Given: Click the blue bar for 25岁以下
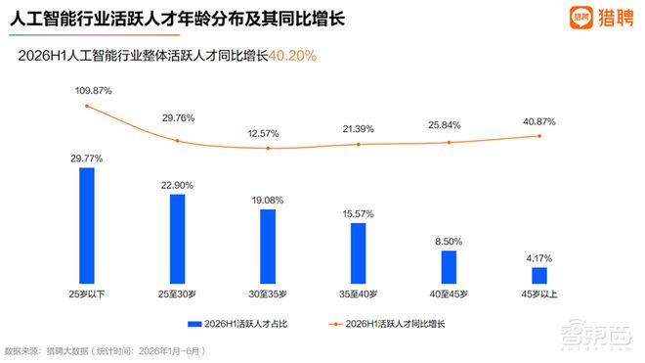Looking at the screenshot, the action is click(x=87, y=226).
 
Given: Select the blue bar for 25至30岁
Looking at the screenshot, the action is click(x=177, y=239).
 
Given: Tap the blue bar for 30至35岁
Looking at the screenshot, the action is click(x=268, y=247).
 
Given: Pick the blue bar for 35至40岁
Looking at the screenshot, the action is click(x=359, y=253).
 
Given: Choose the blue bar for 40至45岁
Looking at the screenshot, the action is click(x=449, y=267).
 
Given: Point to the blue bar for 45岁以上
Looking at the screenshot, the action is click(x=539, y=276).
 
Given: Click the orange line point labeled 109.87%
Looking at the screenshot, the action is click(x=87, y=106).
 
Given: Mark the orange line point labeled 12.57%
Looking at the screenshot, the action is click(x=268, y=148).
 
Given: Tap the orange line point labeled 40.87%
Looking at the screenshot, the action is click(x=539, y=136).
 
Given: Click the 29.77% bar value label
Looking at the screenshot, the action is click(x=86, y=159).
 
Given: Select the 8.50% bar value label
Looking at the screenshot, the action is click(x=449, y=242).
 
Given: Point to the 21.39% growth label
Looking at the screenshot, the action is click(x=359, y=129).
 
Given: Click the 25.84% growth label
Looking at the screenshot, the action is click(x=445, y=125).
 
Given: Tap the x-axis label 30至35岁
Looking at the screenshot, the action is click(x=268, y=295).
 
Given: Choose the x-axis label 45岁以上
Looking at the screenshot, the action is click(x=539, y=295).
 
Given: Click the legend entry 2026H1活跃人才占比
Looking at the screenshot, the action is click(x=237, y=324).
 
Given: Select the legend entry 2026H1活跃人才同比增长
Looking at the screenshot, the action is click(x=387, y=324).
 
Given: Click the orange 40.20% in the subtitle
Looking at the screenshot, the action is click(x=292, y=55).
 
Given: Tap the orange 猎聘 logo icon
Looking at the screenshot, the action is click(x=580, y=18).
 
